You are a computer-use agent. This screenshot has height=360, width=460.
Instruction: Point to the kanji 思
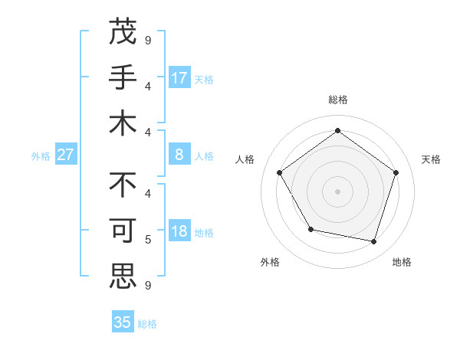click(123, 276)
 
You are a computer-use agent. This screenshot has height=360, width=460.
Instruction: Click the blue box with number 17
click(179, 77)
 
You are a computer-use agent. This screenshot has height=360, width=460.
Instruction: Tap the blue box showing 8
click(179, 155)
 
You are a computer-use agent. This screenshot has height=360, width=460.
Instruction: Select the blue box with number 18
click(179, 232)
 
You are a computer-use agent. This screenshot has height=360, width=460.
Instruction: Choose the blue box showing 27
click(65, 155)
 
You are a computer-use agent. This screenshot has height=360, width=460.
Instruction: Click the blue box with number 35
click(123, 322)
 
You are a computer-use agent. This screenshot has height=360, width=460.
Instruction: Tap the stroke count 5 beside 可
click(148, 239)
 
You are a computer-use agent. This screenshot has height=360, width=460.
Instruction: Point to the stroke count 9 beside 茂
click(148, 39)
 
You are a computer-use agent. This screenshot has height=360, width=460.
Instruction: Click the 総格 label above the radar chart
click(337, 100)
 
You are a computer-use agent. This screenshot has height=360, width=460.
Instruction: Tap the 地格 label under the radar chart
click(402, 262)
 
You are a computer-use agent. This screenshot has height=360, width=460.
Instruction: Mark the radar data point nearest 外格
click(310, 229)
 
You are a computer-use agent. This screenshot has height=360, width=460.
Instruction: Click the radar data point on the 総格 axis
click(337, 130)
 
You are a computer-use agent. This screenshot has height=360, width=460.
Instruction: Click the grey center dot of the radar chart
click(337, 191)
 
